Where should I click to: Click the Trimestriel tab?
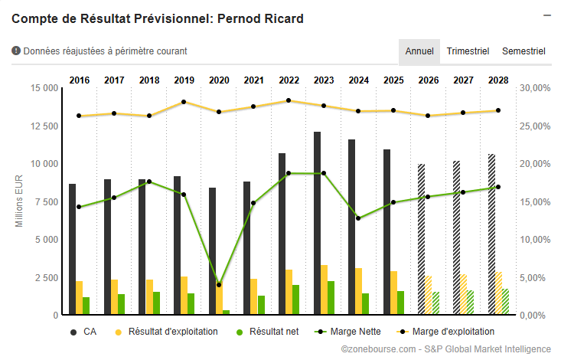click(468, 51)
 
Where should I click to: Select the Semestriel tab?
click(523, 51)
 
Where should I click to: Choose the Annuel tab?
click(419, 51)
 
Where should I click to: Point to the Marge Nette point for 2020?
click(219, 284)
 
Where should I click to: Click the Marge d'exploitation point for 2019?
click(184, 102)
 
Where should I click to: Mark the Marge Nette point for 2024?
click(358, 218)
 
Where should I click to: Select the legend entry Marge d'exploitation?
click(446, 332)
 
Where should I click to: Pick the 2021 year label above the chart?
click(254, 80)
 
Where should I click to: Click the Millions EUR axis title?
click(21, 201)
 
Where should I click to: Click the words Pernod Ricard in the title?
click(265, 18)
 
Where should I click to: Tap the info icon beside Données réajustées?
click(16, 51)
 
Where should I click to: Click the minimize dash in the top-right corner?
click(546, 15)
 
